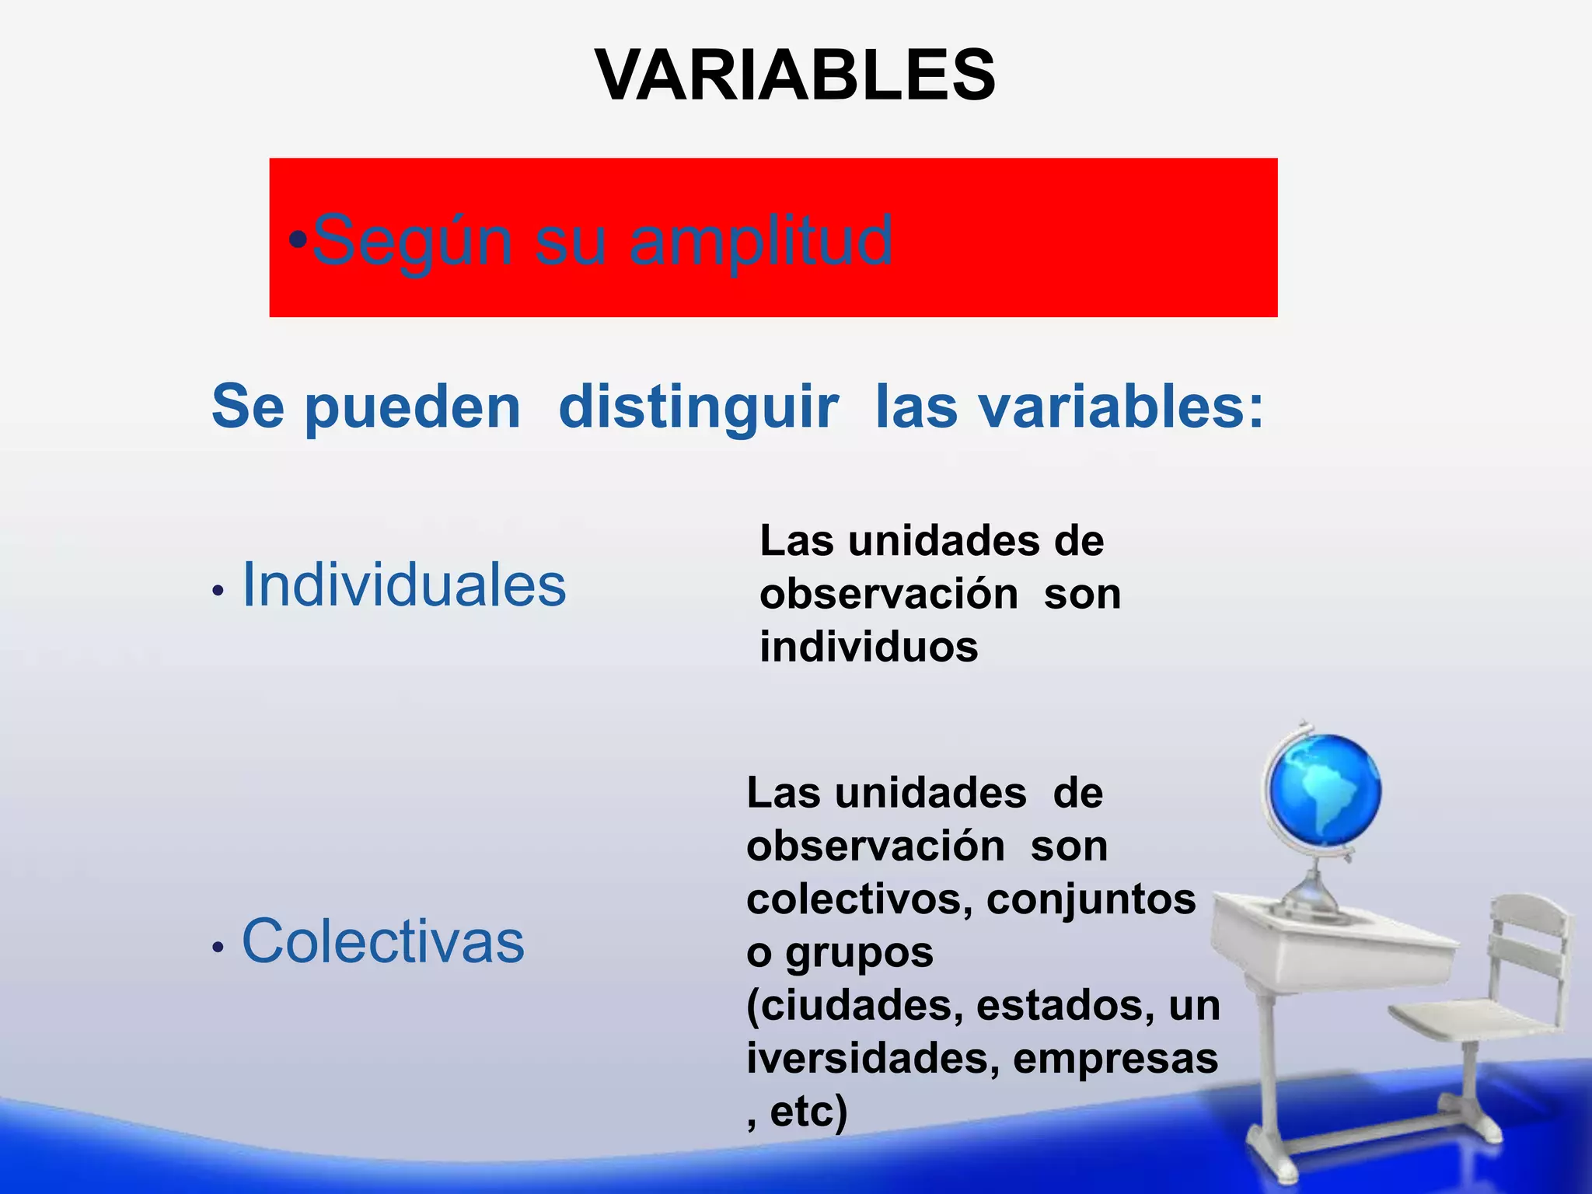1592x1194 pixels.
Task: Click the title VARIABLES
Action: [x=794, y=75]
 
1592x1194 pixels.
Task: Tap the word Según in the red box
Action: [x=411, y=241]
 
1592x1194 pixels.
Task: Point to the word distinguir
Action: [x=698, y=407]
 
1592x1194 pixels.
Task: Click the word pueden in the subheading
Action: [x=412, y=409]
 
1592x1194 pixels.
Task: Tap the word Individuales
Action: [x=404, y=585]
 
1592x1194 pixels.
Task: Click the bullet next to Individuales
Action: [x=218, y=592]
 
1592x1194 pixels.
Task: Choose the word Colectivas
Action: [x=383, y=941]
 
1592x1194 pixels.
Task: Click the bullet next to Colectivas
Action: [x=218, y=947]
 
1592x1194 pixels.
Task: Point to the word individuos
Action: [x=868, y=647]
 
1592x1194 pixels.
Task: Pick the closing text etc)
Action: [x=808, y=1112]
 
